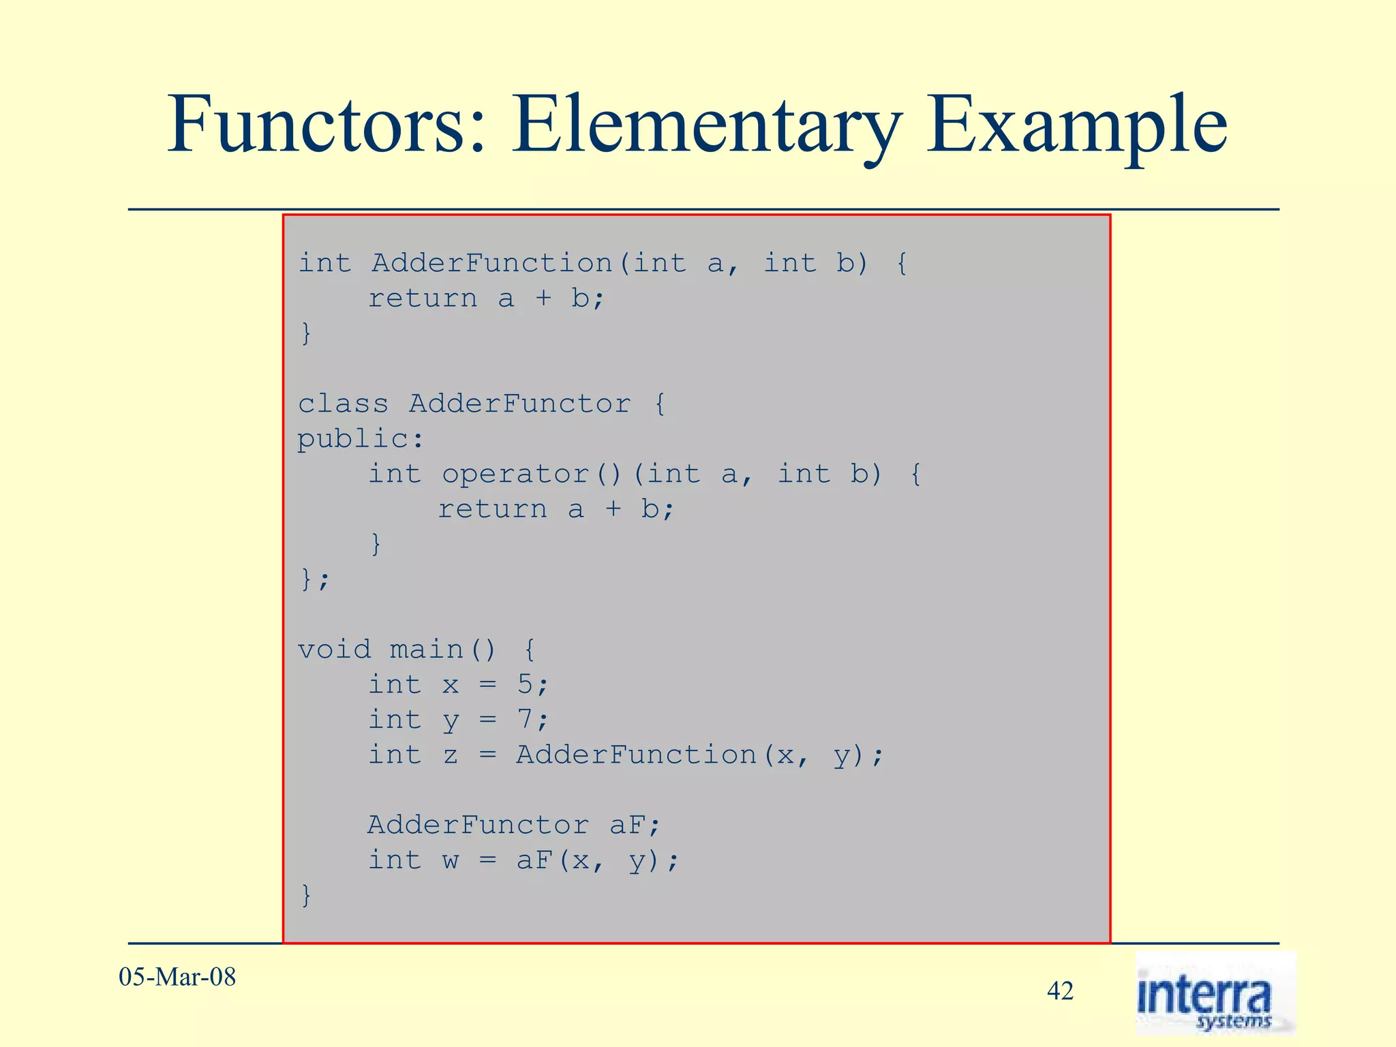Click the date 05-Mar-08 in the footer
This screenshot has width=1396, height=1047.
[177, 977]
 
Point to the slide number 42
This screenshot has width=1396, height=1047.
[1060, 991]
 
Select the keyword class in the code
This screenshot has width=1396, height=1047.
[343, 404]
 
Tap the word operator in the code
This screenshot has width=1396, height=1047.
[515, 474]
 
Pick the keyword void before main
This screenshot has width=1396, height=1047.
[335, 650]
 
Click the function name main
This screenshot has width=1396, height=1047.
[427, 650]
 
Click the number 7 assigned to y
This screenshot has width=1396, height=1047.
[524, 720]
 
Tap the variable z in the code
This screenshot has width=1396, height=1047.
[451, 755]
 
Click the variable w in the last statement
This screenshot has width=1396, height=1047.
[451, 861]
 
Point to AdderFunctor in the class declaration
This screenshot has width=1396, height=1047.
[519, 404]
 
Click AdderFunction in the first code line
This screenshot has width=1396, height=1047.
[492, 263]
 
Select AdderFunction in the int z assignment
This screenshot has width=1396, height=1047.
[636, 755]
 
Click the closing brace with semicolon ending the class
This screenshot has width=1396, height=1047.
[314, 580]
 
